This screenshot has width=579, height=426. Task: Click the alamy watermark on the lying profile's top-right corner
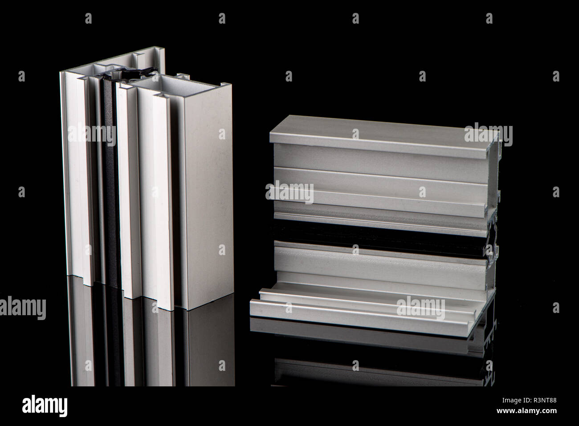488,133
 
